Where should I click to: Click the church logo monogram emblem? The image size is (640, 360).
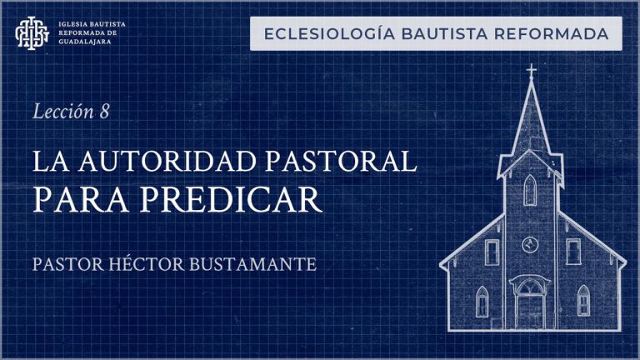[x=32, y=32]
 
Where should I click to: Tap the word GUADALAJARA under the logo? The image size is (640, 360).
[x=84, y=42]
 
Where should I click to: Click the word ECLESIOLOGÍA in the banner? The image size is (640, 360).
[x=329, y=34]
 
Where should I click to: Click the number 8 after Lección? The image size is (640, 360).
[x=104, y=112]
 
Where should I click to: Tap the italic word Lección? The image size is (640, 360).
[x=63, y=112]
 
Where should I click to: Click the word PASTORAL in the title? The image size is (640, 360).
[x=341, y=162]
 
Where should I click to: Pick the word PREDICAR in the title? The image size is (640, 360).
[x=231, y=200]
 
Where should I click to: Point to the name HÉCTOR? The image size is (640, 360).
[x=147, y=264]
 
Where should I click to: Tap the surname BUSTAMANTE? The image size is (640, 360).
[x=252, y=264]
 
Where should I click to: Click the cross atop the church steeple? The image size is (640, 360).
[x=531, y=71]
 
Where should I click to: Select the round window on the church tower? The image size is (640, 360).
[x=530, y=245]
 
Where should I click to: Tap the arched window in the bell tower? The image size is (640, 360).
[x=530, y=190]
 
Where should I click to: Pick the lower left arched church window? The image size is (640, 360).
[x=482, y=301]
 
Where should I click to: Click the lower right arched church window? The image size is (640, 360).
[x=583, y=300]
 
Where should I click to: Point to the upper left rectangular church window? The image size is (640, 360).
[x=492, y=252]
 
